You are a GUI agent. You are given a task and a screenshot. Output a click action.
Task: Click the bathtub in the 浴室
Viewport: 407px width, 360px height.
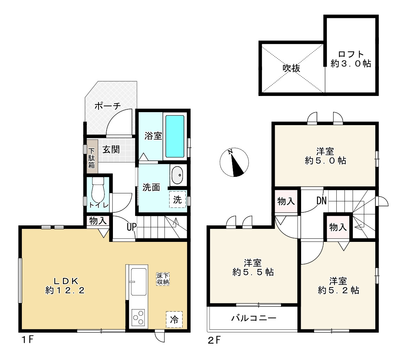click(175, 136)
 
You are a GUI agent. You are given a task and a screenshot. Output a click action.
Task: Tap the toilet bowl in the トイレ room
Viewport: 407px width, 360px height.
click(98, 189)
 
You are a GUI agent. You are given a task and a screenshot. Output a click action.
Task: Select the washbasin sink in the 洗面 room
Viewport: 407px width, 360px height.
click(178, 175)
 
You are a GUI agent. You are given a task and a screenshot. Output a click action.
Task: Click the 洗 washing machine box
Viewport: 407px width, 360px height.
click(178, 199)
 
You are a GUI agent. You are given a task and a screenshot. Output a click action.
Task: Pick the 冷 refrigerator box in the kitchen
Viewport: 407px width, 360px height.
click(174, 319)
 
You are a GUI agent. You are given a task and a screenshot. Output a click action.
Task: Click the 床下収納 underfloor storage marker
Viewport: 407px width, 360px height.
click(163, 279)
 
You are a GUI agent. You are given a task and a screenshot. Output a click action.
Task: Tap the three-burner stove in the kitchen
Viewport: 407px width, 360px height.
click(138, 317)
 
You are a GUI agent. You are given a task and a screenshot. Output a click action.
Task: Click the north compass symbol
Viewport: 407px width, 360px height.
click(234, 162)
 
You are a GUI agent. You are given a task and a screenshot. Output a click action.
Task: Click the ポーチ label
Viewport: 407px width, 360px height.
click(107, 106)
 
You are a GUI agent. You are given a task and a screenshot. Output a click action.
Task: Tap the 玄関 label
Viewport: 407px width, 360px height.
click(111, 150)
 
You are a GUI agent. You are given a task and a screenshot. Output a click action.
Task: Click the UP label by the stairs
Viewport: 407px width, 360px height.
click(131, 227)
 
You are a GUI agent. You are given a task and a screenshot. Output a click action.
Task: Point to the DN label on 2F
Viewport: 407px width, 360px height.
click(321, 200)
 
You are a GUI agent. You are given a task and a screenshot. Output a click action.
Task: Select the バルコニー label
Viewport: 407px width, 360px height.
click(254, 318)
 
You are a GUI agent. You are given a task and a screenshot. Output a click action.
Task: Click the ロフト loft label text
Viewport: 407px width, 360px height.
click(351, 54)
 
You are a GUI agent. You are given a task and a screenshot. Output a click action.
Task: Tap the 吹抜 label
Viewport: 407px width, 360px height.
click(291, 68)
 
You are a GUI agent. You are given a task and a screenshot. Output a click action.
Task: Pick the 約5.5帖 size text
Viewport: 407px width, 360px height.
click(253, 272)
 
